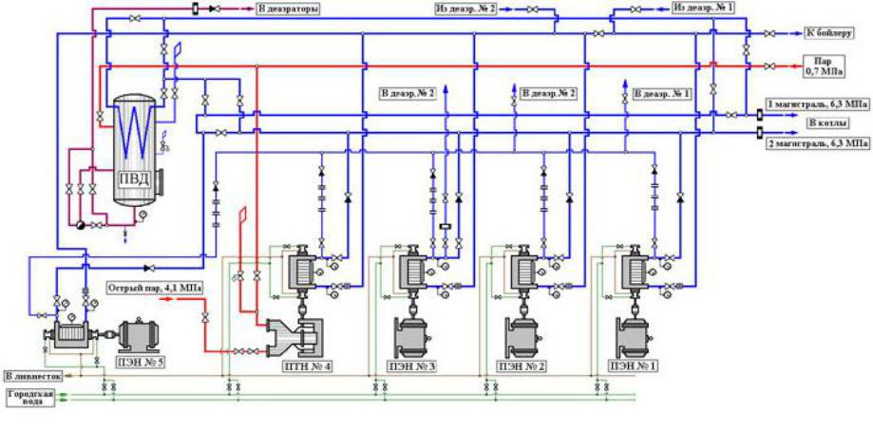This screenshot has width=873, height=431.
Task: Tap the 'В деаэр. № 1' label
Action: [x=662, y=94]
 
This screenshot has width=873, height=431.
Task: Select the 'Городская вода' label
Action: [x=27, y=398]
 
